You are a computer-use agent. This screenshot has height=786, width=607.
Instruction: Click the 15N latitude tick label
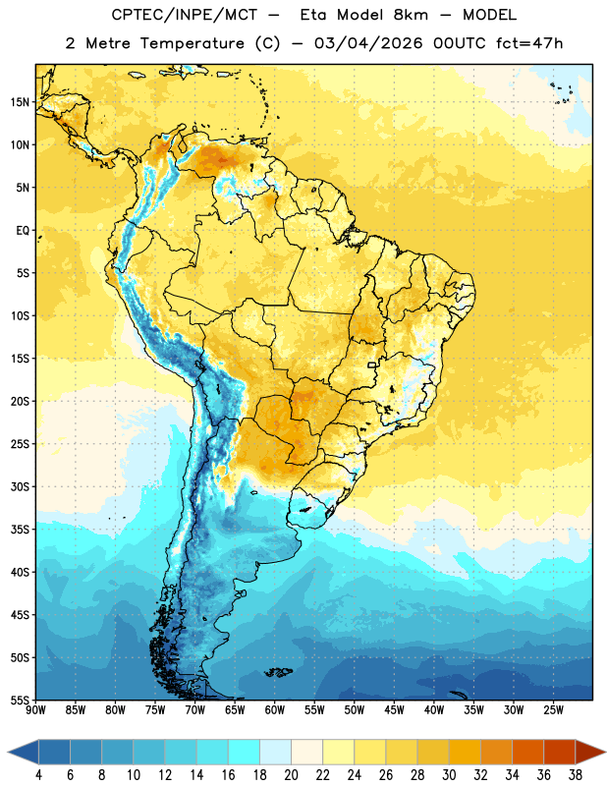(x=20, y=102)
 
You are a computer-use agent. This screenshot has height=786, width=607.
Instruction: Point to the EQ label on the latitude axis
(x=23, y=231)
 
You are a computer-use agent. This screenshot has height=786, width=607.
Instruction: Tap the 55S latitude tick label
(x=20, y=700)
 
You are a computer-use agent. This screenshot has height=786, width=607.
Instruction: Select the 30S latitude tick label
(x=20, y=486)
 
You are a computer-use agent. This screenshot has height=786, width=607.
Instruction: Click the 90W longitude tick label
(x=35, y=710)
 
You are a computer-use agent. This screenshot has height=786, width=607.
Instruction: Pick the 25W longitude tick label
(x=553, y=710)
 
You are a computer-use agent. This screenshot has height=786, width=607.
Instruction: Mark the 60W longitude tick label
(x=275, y=710)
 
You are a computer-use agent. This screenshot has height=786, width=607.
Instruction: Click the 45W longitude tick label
(x=394, y=710)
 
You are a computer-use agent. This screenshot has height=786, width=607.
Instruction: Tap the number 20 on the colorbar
(x=291, y=775)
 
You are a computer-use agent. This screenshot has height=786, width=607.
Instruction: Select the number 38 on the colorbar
(x=575, y=775)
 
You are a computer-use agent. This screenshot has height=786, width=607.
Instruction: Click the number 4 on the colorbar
(x=38, y=775)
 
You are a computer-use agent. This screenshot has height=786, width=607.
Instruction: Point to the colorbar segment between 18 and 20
(x=275, y=752)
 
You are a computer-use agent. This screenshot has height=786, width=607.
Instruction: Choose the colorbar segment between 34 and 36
(x=527, y=752)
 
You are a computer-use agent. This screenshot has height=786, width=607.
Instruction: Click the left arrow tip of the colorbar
(x=8, y=752)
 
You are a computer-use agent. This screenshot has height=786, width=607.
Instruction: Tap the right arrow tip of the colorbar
(x=605, y=752)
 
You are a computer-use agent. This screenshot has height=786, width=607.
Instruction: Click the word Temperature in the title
(x=192, y=43)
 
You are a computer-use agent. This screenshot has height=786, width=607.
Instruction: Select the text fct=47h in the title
(x=529, y=43)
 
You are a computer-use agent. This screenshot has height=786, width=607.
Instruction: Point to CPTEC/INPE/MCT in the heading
(x=185, y=15)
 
